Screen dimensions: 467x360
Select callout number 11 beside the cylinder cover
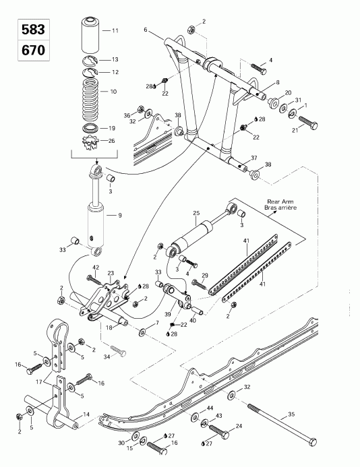pos(115,31)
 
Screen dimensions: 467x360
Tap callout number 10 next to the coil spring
pos(113,91)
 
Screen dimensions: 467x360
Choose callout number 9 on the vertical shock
pos(119,216)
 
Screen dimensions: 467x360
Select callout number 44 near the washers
pos(210,410)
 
